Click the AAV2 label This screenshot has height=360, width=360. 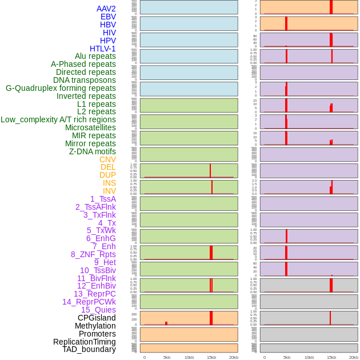(106, 9)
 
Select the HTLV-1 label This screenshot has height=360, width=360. (102, 49)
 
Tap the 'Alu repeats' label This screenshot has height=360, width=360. (95, 56)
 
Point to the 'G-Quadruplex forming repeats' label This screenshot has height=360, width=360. (61, 88)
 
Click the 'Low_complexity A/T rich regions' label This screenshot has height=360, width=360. (58, 119)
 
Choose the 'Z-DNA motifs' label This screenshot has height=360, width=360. (92, 151)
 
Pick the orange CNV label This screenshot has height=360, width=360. (107, 159)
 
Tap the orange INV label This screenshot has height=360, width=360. (109, 191)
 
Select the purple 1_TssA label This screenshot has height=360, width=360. (103, 199)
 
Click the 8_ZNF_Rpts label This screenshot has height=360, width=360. (93, 254)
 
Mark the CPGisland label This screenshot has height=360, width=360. (97, 318)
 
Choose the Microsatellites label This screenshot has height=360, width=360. (90, 127)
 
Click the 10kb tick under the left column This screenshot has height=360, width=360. (189, 357)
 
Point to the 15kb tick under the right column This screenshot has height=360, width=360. (331, 357)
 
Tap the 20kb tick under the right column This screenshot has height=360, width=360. (353, 357)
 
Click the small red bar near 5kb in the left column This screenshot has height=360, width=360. (166, 323)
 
